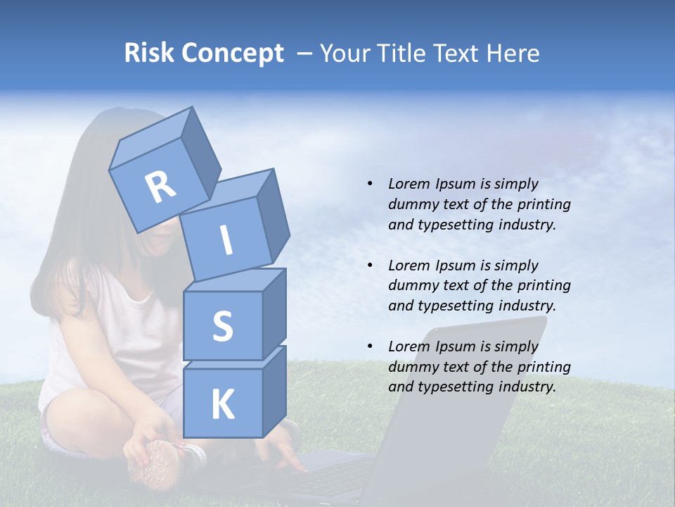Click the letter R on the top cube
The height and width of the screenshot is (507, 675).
point(161,187)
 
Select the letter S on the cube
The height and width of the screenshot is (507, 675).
point(222,326)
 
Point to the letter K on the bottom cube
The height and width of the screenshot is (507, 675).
point(222,405)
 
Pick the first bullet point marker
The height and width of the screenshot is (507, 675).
point(369,184)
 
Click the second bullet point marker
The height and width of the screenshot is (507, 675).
point(369,265)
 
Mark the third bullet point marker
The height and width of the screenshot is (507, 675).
point(369,346)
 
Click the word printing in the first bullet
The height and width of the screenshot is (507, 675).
point(544,204)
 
